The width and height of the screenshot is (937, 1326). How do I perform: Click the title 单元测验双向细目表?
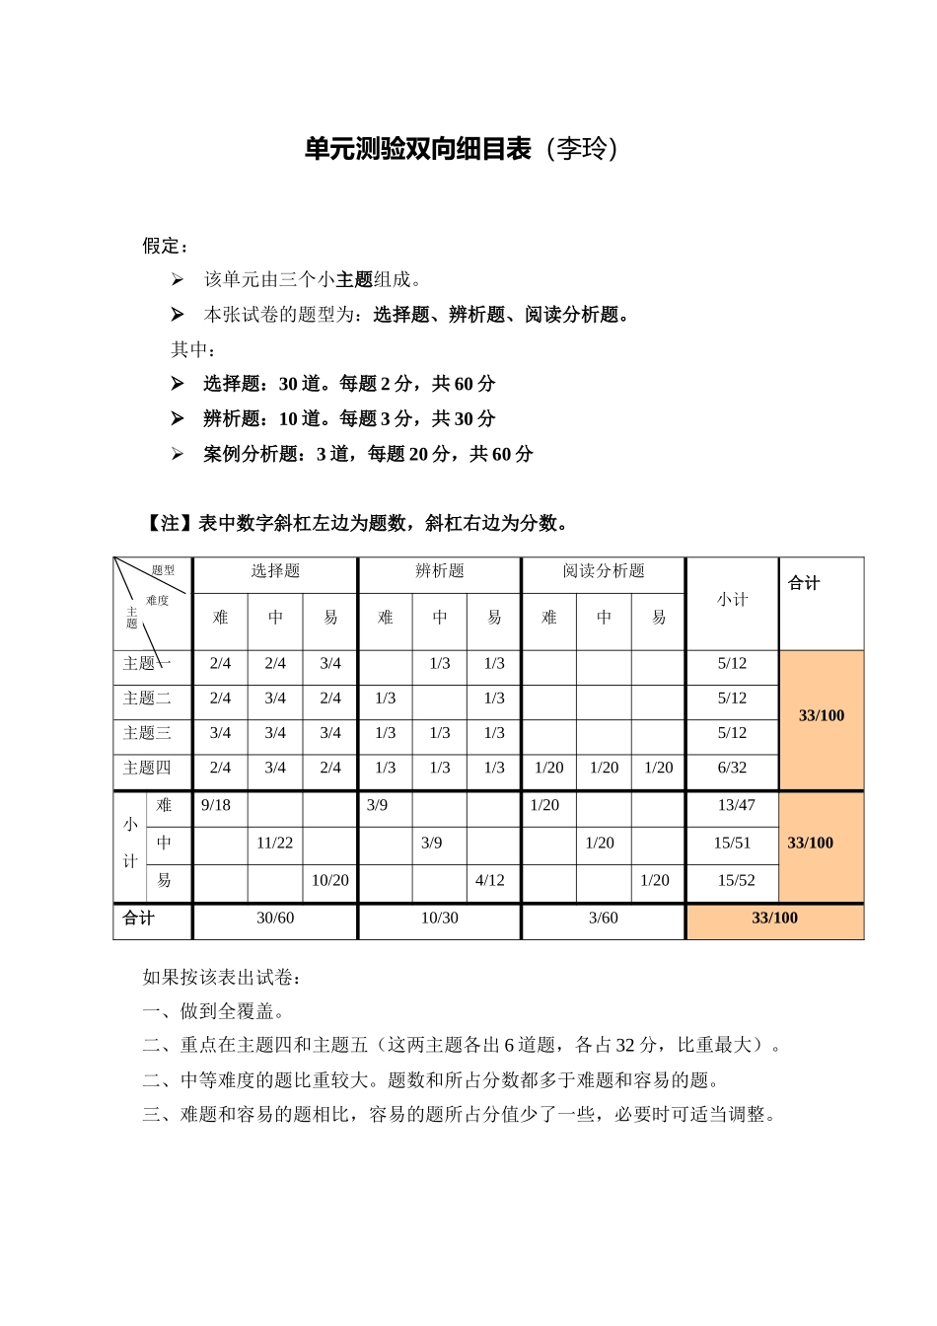[418, 149]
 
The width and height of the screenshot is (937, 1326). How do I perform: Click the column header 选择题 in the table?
[275, 571]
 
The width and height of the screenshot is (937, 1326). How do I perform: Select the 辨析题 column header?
[440, 571]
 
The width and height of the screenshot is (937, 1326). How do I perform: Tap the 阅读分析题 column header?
[604, 571]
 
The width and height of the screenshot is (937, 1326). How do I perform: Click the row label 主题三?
[147, 733]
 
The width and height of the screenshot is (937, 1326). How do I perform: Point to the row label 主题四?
[147, 768]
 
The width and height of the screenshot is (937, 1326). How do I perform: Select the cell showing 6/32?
[732, 768]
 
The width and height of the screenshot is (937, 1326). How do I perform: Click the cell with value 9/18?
[216, 805]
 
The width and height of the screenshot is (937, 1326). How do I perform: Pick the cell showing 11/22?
[275, 843]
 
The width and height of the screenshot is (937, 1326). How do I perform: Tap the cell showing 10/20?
[330, 880]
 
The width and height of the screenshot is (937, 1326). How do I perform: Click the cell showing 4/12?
[490, 880]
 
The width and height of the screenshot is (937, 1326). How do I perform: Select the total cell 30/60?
[275, 918]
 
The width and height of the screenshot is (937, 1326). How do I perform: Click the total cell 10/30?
[440, 918]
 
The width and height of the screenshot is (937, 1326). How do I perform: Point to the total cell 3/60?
[604, 918]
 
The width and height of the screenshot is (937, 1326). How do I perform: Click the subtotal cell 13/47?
[736, 805]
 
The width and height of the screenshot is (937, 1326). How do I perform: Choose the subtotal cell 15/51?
[732, 843]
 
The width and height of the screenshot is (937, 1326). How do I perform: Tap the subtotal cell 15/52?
[736, 880]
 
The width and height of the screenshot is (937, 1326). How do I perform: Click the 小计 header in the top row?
[732, 600]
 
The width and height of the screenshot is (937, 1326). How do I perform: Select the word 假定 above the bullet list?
[163, 246]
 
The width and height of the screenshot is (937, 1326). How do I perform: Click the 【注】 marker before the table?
[170, 524]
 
